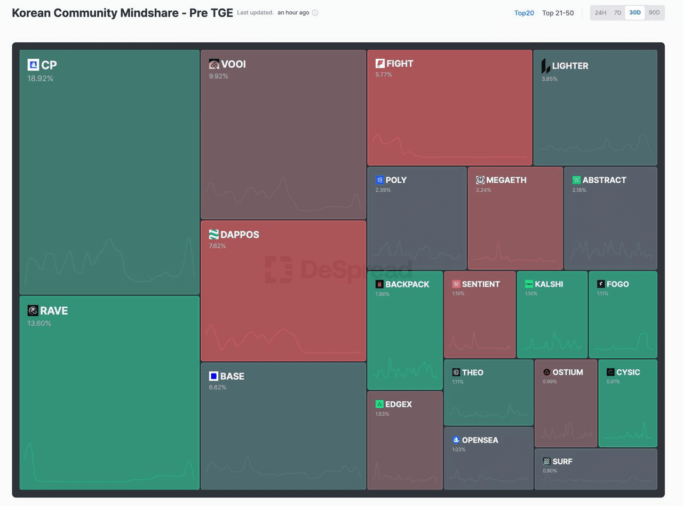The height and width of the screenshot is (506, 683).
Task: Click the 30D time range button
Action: [x=634, y=13]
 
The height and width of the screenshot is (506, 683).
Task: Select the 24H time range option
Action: [x=600, y=13]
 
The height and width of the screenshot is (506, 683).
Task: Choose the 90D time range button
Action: [x=654, y=13]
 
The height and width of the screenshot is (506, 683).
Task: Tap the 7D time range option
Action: [x=617, y=13]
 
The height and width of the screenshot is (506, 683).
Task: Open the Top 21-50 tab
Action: [x=558, y=13]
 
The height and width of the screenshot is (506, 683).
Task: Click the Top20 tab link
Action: [x=524, y=13]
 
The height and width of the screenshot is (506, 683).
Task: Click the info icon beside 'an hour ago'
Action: [x=315, y=13]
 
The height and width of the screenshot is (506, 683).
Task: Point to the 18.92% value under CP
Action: [x=41, y=79]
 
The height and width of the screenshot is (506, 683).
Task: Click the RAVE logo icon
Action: [x=33, y=310]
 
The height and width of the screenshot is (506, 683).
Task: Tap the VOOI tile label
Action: [x=233, y=64]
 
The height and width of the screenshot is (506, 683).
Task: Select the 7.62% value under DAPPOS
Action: [x=217, y=246]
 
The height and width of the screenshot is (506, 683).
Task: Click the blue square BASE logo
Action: [x=214, y=376]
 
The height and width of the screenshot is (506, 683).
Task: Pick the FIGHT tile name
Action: [x=400, y=64]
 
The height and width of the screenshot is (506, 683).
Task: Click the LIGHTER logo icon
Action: [x=545, y=66]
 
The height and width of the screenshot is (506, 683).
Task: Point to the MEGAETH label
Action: [x=506, y=180]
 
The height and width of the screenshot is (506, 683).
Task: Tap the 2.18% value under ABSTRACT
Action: [x=579, y=190]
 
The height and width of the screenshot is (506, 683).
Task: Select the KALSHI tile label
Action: [x=549, y=284]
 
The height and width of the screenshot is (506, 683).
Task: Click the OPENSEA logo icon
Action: [x=456, y=440]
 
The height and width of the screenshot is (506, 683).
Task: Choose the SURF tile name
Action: [x=562, y=462]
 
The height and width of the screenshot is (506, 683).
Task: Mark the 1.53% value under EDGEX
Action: [x=382, y=414]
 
